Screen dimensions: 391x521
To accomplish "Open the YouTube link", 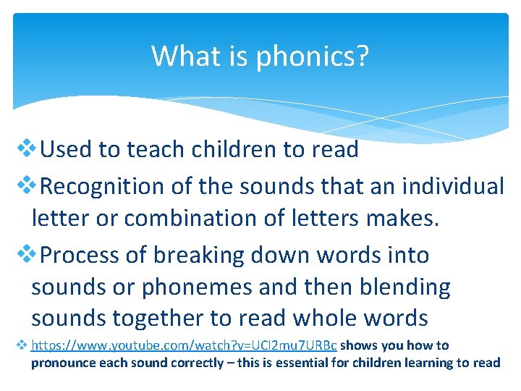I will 185,345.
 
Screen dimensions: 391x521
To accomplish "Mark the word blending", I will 407,287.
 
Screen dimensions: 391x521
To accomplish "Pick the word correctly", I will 198,362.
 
